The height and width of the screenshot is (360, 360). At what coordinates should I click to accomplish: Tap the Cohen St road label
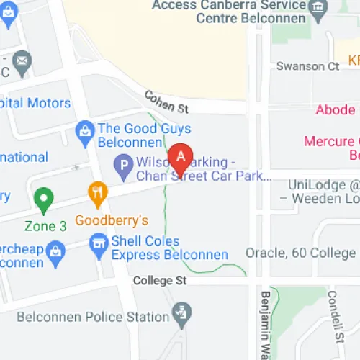click(166, 102)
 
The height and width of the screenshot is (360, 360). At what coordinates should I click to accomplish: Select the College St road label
click(156, 281)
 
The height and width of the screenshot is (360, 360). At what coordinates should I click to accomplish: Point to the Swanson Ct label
click(307, 66)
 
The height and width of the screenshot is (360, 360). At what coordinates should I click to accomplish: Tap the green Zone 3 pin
click(44, 199)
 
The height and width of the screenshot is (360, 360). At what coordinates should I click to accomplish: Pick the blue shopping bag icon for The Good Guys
click(85, 130)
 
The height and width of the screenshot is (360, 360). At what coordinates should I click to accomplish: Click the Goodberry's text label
click(102, 220)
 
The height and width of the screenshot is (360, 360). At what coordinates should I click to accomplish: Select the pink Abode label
click(335, 109)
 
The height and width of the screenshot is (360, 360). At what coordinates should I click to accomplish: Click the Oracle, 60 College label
click(300, 253)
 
